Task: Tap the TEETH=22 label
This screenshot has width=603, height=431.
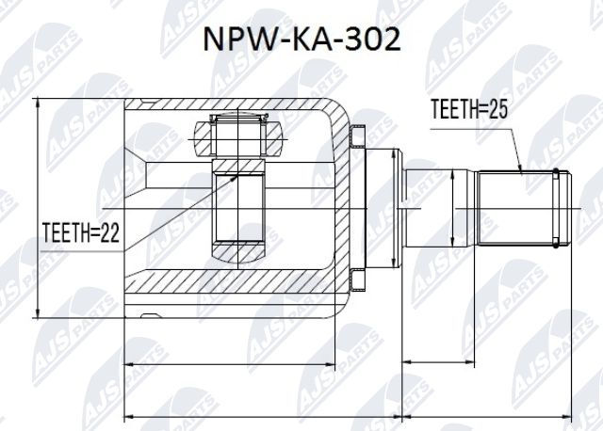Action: pos(80,232)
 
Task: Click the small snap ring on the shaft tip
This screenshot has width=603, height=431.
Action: pos(562,206)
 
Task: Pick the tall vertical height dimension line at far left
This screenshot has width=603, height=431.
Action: pos(38,207)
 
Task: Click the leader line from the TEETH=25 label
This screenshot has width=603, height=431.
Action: pos(513,146)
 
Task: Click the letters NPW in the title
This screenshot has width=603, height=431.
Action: pos(235,39)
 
